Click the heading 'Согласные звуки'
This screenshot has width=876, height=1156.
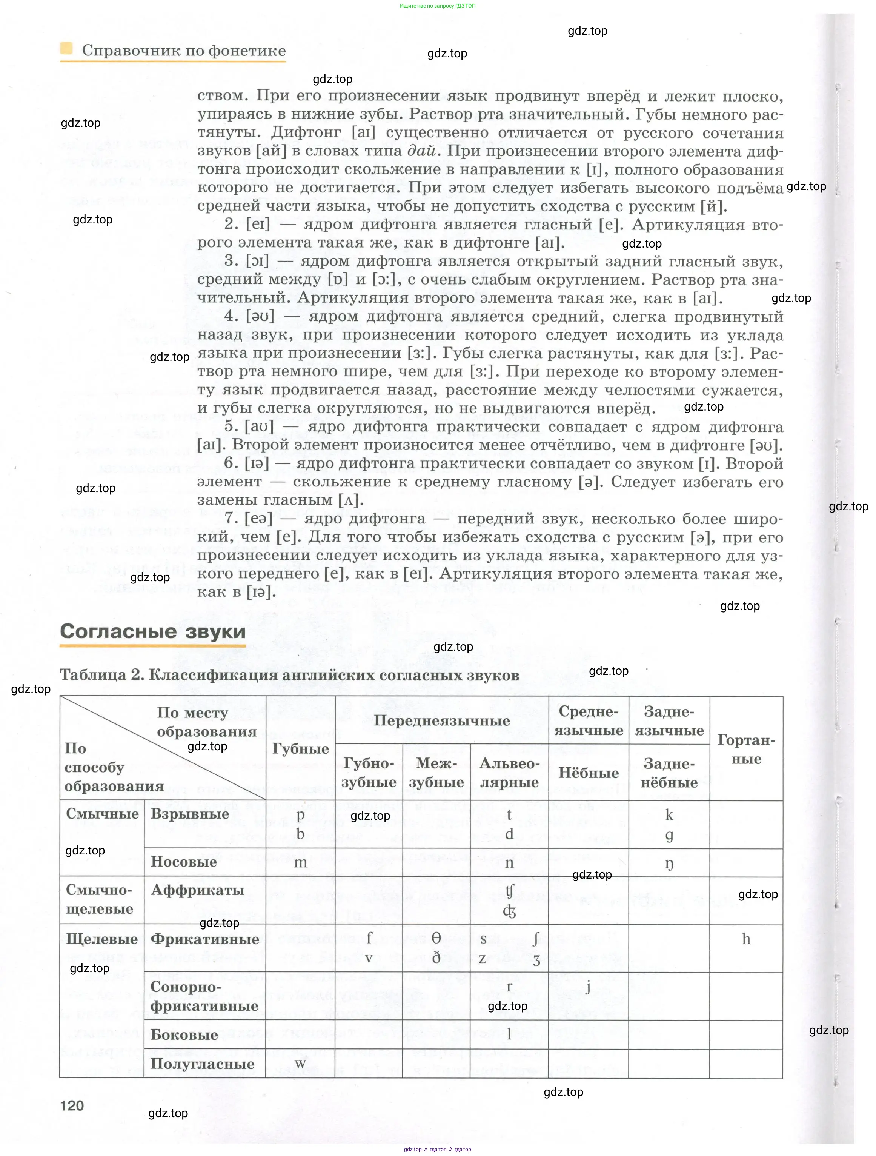(x=152, y=631)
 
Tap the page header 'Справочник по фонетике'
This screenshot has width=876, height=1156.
(x=184, y=51)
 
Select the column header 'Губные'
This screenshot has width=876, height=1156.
(x=300, y=748)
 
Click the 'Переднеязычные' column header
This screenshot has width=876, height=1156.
(x=442, y=721)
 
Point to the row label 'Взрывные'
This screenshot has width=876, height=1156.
(x=190, y=814)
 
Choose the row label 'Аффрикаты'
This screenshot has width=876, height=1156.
(x=197, y=890)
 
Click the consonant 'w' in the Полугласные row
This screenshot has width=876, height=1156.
(x=300, y=1064)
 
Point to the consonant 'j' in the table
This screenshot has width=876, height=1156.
(x=588, y=986)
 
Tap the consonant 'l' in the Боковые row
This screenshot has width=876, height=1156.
(x=509, y=1034)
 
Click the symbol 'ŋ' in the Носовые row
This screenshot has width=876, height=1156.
(x=669, y=864)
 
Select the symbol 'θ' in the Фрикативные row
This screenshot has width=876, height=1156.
(x=436, y=938)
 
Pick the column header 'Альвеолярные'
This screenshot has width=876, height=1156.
(x=509, y=773)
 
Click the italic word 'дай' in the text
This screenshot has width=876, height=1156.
(x=421, y=151)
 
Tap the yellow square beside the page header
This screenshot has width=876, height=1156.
(x=66, y=49)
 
